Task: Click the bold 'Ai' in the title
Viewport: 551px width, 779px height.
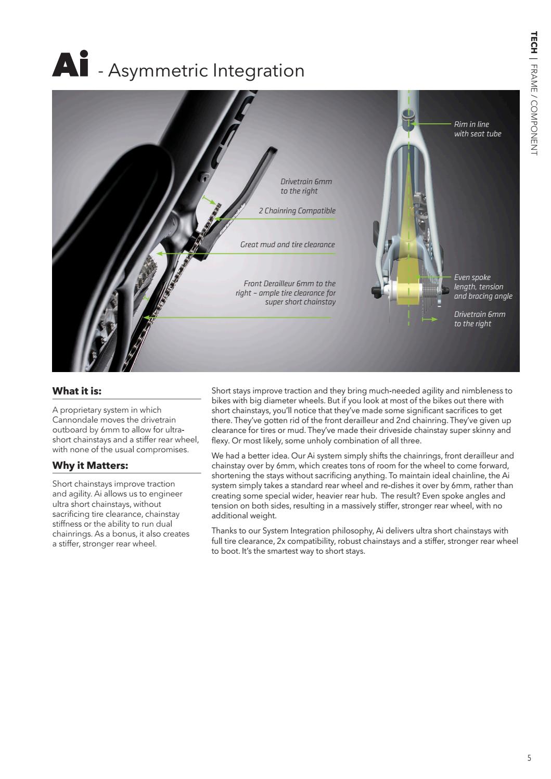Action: [70, 65]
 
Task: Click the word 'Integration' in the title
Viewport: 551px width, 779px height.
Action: [265, 70]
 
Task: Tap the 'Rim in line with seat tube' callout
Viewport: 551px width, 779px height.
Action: [477, 129]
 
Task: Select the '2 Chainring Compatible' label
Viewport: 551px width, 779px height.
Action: [297, 211]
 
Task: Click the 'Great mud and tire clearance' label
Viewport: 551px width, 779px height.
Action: [287, 245]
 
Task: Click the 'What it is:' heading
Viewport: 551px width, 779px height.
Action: [77, 391]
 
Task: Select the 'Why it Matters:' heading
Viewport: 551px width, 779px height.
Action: [90, 465]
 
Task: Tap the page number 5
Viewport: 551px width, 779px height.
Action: [529, 758]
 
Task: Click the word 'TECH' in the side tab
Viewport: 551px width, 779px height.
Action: [533, 42]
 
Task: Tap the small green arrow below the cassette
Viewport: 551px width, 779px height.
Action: [430, 319]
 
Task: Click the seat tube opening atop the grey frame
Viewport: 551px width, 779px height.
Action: [408, 114]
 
